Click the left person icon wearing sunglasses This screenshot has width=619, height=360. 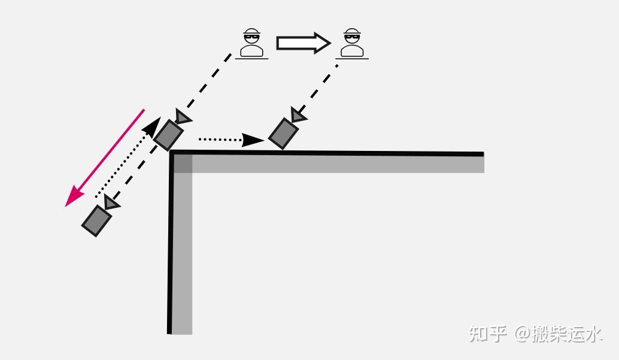pos(252,43)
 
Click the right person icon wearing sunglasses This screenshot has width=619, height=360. pos(352,43)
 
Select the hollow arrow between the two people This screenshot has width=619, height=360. pos(303,43)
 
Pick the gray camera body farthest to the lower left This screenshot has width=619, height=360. pos(96,220)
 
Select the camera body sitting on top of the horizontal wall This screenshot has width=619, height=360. pos(283,134)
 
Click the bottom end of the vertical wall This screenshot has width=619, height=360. pos(180,331)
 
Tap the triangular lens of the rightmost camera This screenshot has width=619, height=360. pos(298,115)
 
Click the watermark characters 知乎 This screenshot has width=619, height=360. pos(487,333)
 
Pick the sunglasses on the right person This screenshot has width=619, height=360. pos(352,37)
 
